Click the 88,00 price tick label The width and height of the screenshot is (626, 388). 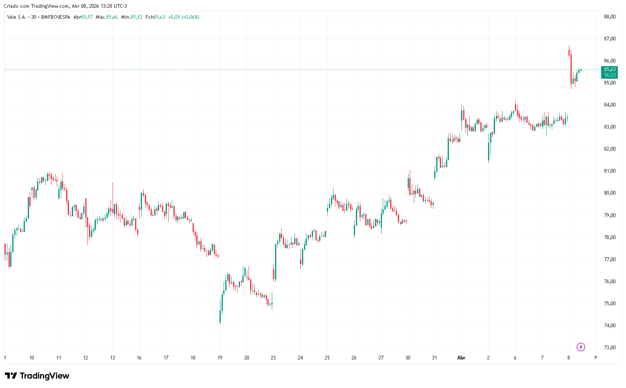point(610,17)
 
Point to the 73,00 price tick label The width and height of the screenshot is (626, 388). point(610,348)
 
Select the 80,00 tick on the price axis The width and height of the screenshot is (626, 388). point(610,193)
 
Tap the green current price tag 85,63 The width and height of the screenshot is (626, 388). point(610,72)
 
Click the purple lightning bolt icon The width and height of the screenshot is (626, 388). point(581,347)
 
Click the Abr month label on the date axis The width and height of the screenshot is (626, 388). point(461,358)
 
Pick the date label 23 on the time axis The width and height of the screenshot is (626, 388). point(273,358)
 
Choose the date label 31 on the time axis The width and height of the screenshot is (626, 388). point(434,358)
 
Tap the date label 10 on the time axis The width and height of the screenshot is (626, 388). point(32,358)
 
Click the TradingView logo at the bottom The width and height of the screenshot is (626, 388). point(37,376)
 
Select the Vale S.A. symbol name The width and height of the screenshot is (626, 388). point(17,17)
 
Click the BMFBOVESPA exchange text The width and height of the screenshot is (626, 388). point(55,17)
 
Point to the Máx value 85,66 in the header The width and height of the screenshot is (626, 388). point(112,17)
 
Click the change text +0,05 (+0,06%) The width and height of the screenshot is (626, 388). point(184,17)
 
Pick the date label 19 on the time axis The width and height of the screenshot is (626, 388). point(220,358)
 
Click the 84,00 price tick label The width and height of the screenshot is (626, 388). point(610,105)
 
